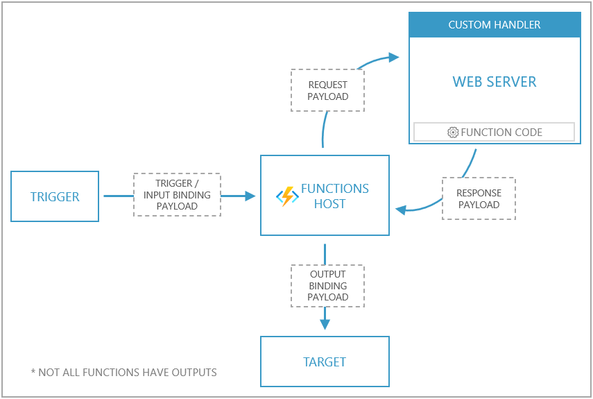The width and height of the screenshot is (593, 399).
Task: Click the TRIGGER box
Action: pos(55,196)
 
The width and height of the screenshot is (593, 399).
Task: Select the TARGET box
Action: pos(325,362)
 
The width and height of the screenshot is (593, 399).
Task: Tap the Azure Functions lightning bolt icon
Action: pos(286,196)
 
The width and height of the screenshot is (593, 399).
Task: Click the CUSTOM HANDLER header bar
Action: pos(495,25)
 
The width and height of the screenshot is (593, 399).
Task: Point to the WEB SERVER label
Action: pos(495,82)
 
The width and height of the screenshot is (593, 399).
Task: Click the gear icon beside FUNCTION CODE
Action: pos(453,132)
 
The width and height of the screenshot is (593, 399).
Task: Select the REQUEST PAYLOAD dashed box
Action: pos(327,90)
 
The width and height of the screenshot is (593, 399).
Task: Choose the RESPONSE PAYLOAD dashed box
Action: pos(479,199)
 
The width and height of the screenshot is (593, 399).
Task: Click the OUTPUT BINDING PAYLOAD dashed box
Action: pos(327,285)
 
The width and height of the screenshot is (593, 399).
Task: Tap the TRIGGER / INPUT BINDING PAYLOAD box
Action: pos(177,195)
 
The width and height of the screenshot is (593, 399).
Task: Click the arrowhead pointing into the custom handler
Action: pos(394,57)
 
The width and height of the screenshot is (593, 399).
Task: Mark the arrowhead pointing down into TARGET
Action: pos(325,324)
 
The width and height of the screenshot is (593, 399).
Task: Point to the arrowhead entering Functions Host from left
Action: pos(250,196)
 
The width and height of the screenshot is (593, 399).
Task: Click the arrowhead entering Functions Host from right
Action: pos(400,208)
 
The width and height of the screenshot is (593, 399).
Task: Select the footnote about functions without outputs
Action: pos(124,373)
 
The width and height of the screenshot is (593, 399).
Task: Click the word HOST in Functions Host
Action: pos(329,204)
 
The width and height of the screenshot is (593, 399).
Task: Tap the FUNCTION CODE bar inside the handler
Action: pos(494,132)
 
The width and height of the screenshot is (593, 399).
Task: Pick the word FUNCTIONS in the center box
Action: pos(334,189)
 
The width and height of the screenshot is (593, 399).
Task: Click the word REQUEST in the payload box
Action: pos(327,85)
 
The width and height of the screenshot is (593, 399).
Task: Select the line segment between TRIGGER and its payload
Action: pos(118,196)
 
